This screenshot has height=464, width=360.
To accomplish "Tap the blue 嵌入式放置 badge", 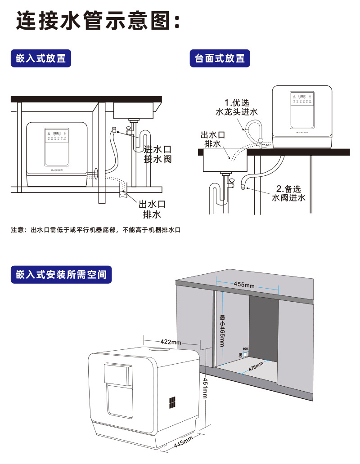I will click(x=41, y=58).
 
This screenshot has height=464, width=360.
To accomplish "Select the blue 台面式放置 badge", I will click(x=220, y=58).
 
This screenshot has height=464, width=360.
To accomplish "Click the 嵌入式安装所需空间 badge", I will click(x=61, y=274).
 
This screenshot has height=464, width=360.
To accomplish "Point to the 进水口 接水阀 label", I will click(x=157, y=154).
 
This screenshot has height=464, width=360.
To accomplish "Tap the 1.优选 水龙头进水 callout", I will click(x=237, y=107).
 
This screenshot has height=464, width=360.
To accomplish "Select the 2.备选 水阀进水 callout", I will click(x=288, y=193).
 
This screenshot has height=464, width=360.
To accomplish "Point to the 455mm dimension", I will click(x=244, y=285).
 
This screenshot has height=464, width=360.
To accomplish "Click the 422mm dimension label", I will click(x=171, y=342).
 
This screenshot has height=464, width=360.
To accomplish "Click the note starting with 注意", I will click(x=95, y=230).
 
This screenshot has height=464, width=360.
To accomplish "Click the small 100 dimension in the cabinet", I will click(x=245, y=349).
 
